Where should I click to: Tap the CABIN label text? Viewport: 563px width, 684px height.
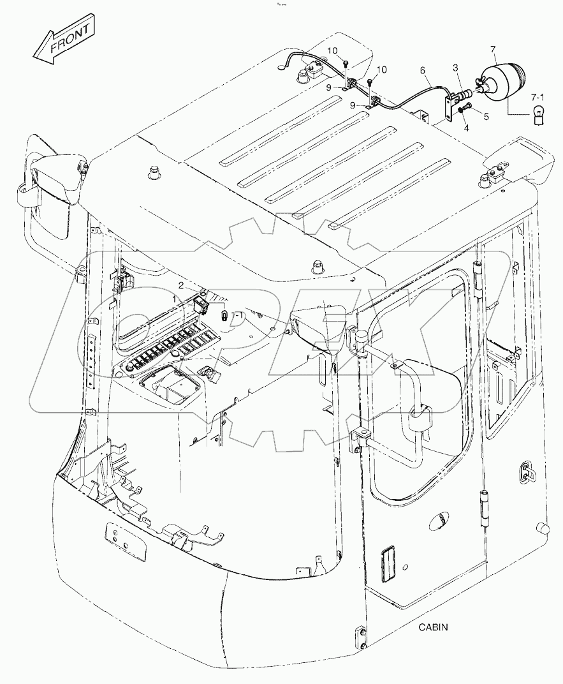tap(434, 627)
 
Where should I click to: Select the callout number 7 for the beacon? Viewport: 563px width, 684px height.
tap(493, 49)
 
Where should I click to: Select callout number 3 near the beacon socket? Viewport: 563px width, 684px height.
tap(455, 68)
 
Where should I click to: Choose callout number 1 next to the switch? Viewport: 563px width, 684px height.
tap(175, 299)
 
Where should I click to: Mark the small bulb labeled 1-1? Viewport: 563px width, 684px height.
tap(224, 315)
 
